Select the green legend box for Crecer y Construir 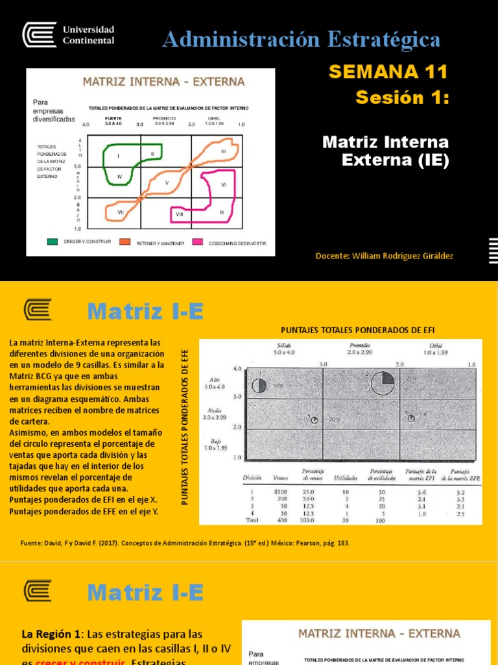pyautogui.click(x=53, y=242)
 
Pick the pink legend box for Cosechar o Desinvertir pyautogui.click(x=196, y=242)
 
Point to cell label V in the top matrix pyautogui.click(x=167, y=183)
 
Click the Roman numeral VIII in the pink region pyautogui.click(x=179, y=213)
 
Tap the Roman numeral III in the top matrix pyautogui.click(x=223, y=151)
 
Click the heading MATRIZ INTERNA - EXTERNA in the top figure pyautogui.click(x=163, y=82)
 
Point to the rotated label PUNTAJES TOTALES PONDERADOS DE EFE pyautogui.click(x=185, y=425)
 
